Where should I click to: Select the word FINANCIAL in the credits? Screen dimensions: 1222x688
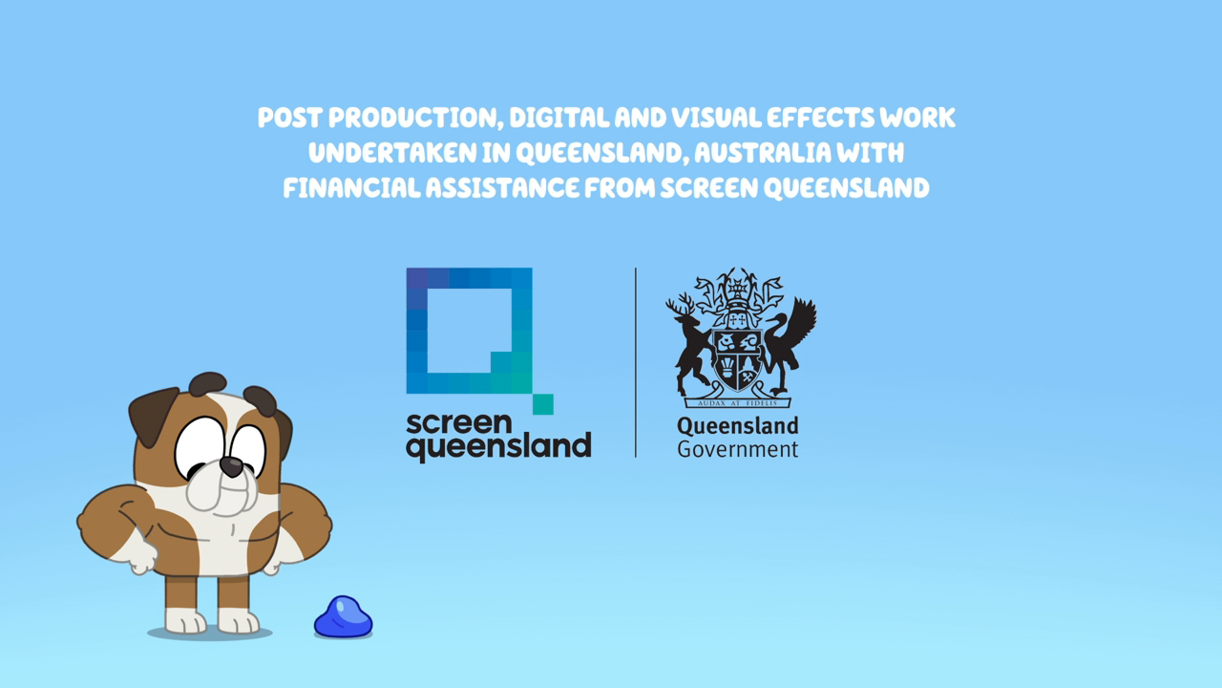pos(352,188)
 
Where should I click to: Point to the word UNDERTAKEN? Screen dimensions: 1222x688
pos(392,153)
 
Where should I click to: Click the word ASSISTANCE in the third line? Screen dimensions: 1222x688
pos(502,188)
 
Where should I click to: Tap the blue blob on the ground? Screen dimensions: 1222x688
pos(343,617)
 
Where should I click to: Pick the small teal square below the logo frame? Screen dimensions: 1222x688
pos(543,404)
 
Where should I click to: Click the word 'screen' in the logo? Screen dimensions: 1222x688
pos(459,423)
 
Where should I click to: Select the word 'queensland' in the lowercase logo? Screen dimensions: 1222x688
pos(498,447)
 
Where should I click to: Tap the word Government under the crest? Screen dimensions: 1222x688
pos(738,449)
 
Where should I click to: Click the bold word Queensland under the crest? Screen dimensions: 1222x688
pos(738,426)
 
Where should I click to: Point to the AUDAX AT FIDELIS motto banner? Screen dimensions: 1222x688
pos(738,402)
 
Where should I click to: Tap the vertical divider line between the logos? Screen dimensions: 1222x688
pos(636,362)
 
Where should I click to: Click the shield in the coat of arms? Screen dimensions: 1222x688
pos(738,361)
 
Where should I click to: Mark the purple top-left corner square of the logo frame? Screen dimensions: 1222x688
pos(417,278)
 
